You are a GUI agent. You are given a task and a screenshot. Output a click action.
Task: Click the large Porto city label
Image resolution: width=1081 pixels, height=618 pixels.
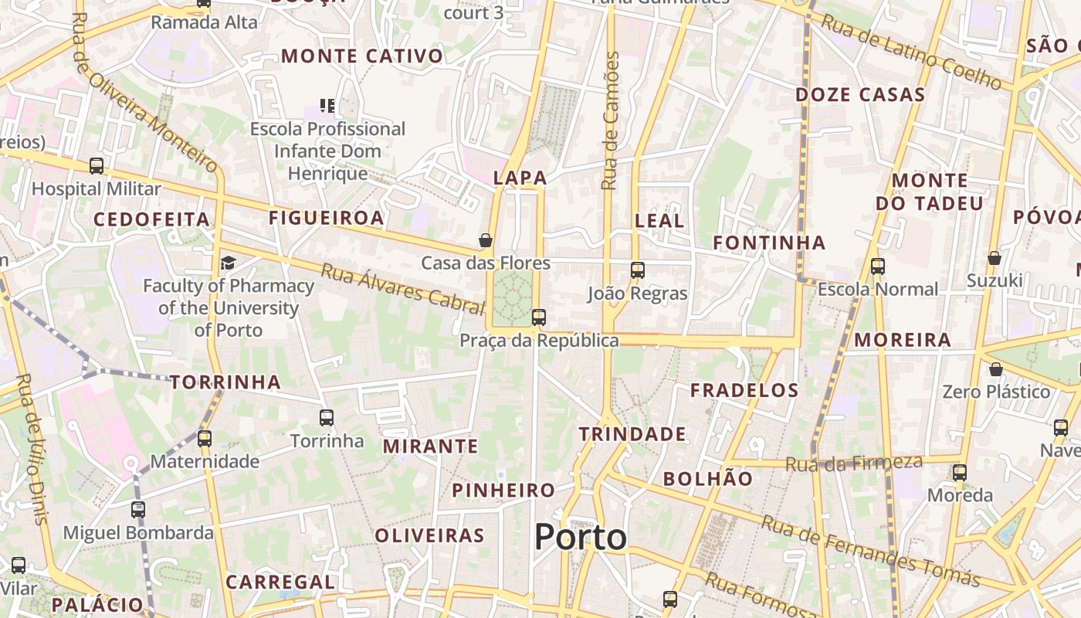(581, 537)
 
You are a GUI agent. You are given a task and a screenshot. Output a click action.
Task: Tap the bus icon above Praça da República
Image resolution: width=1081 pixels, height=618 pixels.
(539, 317)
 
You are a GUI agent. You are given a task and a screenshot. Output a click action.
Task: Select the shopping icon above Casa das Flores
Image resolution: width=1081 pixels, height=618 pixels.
(486, 240)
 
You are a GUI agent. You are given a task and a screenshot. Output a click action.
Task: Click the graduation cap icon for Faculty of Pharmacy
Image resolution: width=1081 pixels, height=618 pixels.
(228, 263)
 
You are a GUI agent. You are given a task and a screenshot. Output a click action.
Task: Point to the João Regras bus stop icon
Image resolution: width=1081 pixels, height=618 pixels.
(638, 270)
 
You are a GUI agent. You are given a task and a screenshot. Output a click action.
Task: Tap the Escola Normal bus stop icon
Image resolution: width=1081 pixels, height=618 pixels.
(877, 267)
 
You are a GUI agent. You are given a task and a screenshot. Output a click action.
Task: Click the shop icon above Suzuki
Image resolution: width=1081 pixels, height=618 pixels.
(995, 257)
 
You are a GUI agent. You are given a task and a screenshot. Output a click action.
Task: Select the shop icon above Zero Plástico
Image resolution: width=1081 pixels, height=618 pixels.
(996, 369)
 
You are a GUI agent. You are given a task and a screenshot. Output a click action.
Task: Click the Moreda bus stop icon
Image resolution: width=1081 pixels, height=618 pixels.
(960, 473)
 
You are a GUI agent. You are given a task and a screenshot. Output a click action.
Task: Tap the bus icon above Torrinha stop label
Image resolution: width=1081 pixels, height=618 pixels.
(327, 418)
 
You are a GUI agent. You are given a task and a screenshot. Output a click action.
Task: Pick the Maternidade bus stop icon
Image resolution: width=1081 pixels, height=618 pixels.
(205, 439)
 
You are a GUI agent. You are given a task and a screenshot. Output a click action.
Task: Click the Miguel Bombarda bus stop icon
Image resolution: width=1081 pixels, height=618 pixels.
(138, 510)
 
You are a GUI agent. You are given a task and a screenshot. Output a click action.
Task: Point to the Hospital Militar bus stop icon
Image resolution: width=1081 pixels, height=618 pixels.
(97, 165)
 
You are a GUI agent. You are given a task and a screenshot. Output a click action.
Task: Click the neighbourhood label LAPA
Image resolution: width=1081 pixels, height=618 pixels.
(520, 178)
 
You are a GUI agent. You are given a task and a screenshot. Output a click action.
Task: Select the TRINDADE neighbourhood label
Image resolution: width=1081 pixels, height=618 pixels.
(632, 434)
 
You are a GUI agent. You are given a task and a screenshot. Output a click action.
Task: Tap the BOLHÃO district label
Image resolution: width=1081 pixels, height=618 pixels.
(707, 479)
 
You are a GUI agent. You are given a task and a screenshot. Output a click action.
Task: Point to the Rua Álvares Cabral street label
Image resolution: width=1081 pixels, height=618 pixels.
(402, 287)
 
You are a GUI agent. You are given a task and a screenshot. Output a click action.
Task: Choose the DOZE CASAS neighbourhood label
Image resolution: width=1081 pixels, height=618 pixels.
(860, 95)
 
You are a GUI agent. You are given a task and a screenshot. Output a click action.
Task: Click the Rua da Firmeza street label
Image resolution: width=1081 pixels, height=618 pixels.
(854, 463)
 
